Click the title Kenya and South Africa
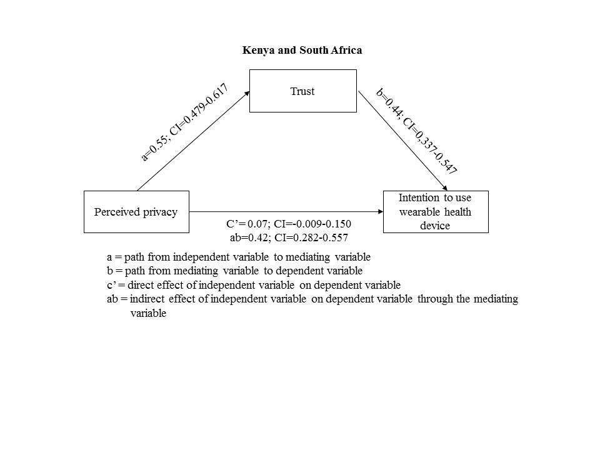pyautogui.click(x=302, y=50)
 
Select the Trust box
pyautogui.click(x=302, y=91)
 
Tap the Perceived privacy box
pyautogui.click(x=136, y=212)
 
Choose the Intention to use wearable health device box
pyautogui.click(x=435, y=212)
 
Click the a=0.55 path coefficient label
pyautogui.click(x=183, y=122)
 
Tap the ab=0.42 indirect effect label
pyautogui.click(x=289, y=237)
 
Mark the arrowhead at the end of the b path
pyautogui.click(x=446, y=188)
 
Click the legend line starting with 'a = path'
pyautogui.click(x=239, y=257)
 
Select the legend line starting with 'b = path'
pyautogui.click(x=234, y=271)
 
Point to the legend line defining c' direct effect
pyautogui.click(x=254, y=284)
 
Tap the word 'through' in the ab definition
pyautogui.click(x=434, y=299)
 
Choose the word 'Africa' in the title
pyautogui.click(x=347, y=50)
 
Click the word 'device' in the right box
pyautogui.click(x=435, y=226)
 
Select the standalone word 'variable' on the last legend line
pyautogui.click(x=148, y=313)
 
